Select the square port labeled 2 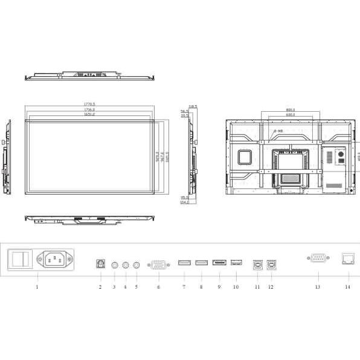click(x=100, y=263)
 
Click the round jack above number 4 click(x=126, y=264)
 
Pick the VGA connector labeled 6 click(x=159, y=264)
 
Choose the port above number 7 click(x=184, y=263)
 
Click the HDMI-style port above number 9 click(x=219, y=263)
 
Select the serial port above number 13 click(x=318, y=259)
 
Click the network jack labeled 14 click(x=348, y=259)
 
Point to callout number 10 click(x=236, y=288)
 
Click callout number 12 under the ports click(x=271, y=288)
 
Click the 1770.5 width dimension click(x=89, y=104)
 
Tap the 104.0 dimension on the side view click(x=184, y=202)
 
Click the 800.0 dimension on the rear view click(x=290, y=109)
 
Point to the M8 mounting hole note click(x=278, y=131)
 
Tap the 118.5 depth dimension click(x=193, y=106)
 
